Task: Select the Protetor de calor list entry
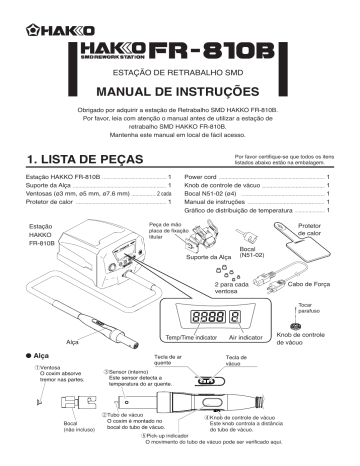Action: click(x=54, y=203)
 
